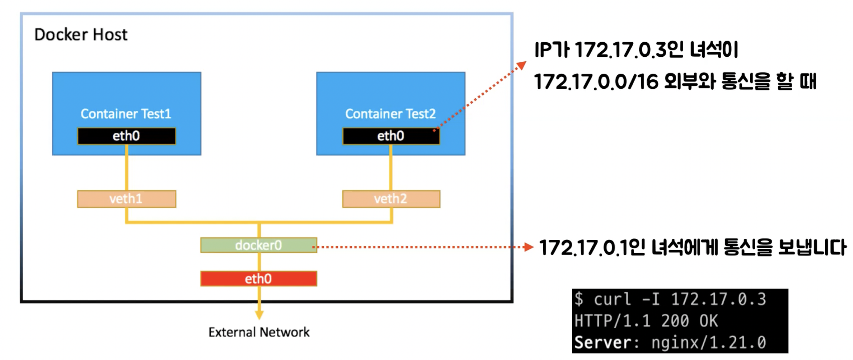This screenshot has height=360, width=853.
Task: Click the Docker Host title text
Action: [x=81, y=35]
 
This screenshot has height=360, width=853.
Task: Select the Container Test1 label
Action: [x=126, y=114]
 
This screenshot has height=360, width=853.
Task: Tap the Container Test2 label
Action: [x=390, y=114]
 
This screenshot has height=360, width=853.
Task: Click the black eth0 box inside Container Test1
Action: [x=126, y=136]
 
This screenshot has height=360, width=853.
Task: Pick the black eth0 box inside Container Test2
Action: [x=391, y=136]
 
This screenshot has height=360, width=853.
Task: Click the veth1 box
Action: [x=126, y=199]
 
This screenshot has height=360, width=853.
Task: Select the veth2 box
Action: [x=391, y=199]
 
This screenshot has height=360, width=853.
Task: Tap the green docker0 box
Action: [x=259, y=245]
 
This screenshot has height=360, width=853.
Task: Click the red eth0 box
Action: [x=259, y=279]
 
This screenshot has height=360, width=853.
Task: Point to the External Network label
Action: [x=259, y=332]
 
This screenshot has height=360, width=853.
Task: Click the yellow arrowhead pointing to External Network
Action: [x=259, y=315]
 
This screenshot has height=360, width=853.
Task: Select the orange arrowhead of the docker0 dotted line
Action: [x=529, y=247]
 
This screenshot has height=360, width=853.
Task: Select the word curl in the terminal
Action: [x=612, y=299]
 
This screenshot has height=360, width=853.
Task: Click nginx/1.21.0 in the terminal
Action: [x=709, y=343]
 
